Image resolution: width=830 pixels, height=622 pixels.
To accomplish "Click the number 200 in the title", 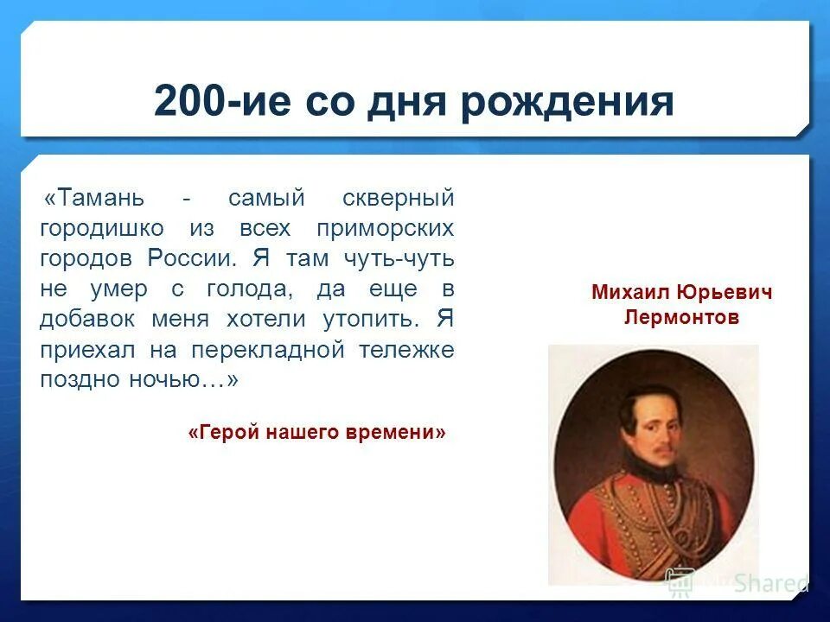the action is pyautogui.click(x=190, y=100).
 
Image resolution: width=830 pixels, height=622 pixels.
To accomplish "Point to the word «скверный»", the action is pyautogui.click(x=399, y=199).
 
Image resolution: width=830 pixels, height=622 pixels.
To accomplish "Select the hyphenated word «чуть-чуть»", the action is pyautogui.click(x=399, y=259).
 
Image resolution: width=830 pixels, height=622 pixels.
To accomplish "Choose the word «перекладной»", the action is pyautogui.click(x=268, y=351).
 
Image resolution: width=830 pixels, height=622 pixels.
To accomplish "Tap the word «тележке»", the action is pyautogui.click(x=406, y=351).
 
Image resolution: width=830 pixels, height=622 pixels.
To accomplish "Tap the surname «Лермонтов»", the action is pyautogui.click(x=681, y=317).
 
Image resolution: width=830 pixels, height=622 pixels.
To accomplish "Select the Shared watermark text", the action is pyautogui.click(x=770, y=583).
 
